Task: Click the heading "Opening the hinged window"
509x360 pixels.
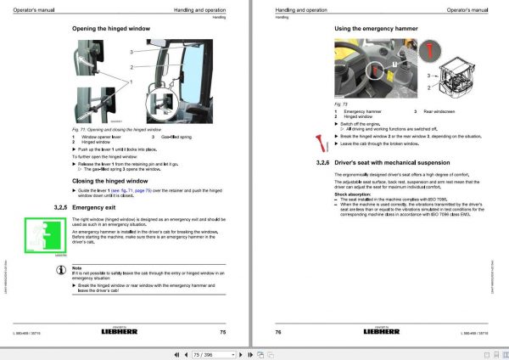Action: pos(111,28)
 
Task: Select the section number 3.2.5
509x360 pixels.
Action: pos(59,207)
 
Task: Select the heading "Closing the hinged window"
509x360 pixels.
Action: pos(110,181)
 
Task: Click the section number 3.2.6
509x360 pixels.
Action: pos(322,161)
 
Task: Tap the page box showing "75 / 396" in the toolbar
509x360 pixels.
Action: pos(255,351)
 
